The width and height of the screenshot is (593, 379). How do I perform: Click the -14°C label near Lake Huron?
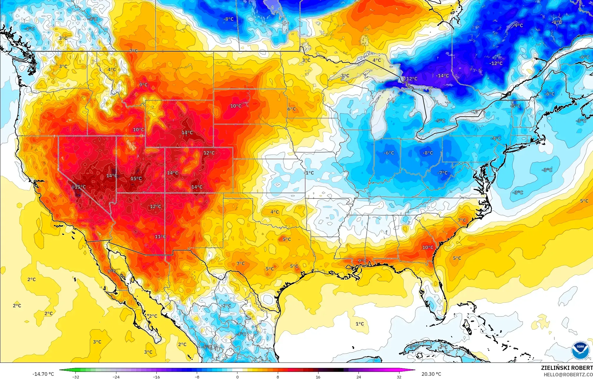(442, 76)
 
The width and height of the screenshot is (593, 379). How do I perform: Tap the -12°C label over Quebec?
(496, 63)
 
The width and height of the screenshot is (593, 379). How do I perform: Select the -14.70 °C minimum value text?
(43, 374)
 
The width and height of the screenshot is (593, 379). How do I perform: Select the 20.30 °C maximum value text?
(431, 374)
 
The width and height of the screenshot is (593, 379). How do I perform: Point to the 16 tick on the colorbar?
(318, 377)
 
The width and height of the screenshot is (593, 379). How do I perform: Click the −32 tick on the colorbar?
(76, 377)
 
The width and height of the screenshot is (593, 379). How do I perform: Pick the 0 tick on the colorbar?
(237, 377)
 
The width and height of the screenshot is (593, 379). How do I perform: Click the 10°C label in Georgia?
(428, 247)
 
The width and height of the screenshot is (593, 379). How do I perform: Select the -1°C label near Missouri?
(309, 173)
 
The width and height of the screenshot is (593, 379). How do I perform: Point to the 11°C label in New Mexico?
(160, 236)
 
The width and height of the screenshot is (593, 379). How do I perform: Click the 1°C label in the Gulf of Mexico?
(360, 324)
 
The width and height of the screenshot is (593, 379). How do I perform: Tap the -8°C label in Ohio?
(428, 153)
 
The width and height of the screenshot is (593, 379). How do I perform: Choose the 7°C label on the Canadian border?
(133, 51)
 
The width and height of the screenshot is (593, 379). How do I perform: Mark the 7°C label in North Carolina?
(462, 220)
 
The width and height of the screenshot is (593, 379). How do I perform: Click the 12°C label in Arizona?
(156, 206)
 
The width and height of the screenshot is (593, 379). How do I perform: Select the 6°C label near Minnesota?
(292, 109)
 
